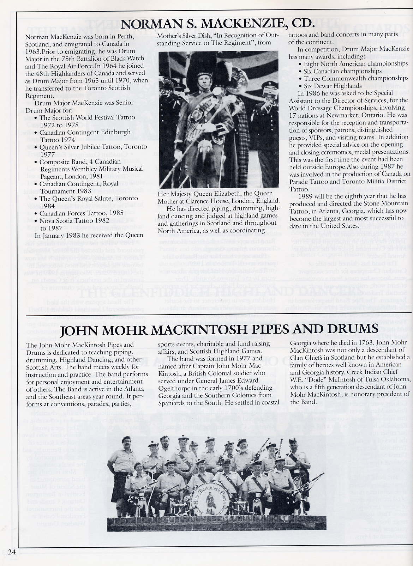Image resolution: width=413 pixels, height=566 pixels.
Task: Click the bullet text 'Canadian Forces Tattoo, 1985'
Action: (x=82, y=213)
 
